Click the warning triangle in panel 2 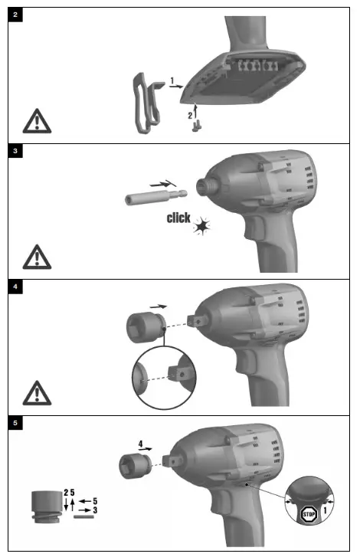coord(34,120)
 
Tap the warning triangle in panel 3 coord(34,255)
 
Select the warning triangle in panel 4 coord(34,392)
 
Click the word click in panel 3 coord(178,218)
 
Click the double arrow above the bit coord(162,185)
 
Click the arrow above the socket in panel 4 coord(159,306)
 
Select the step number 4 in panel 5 coord(140,442)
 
